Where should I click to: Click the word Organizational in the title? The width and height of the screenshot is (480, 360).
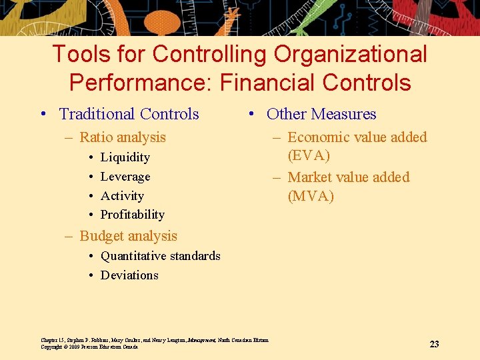[343, 55]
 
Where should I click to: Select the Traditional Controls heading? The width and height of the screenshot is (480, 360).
[129, 114]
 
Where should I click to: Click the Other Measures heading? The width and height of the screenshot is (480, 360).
[321, 114]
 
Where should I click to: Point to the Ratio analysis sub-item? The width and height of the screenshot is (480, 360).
[123, 137]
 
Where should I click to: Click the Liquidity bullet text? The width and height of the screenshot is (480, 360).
[125, 157]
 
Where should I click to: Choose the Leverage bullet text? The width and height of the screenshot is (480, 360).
[125, 177]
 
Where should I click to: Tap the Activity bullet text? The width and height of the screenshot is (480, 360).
[122, 196]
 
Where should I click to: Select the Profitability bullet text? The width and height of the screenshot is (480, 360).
[132, 215]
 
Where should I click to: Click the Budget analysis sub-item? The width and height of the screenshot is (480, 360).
[128, 236]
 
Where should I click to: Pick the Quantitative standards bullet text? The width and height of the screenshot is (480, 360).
[160, 256]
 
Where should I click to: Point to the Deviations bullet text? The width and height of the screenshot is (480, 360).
[129, 275]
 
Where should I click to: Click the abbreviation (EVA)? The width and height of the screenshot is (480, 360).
[309, 155]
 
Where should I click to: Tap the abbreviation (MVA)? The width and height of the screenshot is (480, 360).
[311, 196]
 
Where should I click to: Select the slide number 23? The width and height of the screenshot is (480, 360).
[434, 344]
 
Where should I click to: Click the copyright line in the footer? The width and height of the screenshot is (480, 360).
[89, 347]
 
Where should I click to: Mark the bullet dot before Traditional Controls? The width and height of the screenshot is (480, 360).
[43, 115]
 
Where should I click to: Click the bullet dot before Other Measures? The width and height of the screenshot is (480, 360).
[250, 115]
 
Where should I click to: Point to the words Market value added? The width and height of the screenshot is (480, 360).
[349, 177]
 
